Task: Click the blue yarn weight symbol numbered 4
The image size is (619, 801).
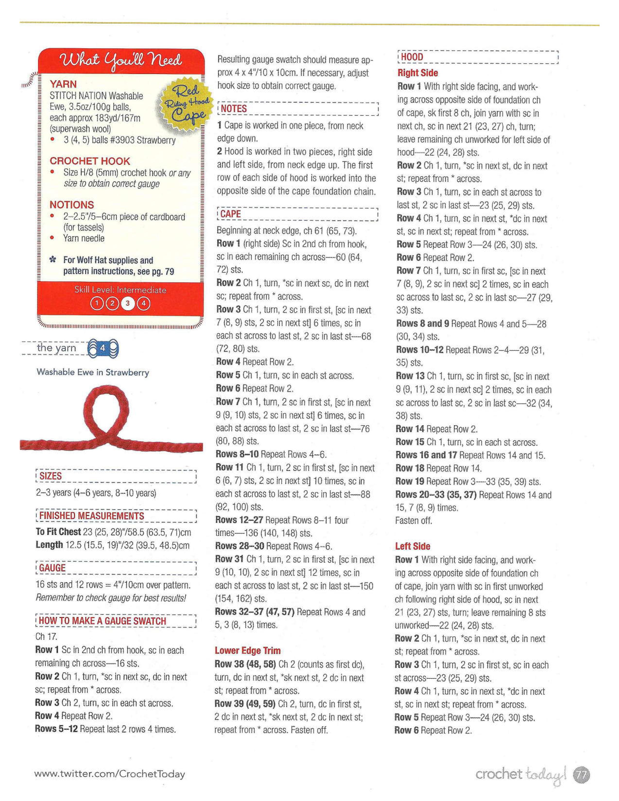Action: point(103,348)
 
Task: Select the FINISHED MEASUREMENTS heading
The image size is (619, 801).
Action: point(92,516)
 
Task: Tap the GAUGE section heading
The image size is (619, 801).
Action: point(52,568)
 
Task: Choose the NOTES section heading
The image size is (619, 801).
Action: point(234,108)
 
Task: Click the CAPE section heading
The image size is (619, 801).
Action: point(230,214)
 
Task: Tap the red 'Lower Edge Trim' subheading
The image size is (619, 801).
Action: point(248,651)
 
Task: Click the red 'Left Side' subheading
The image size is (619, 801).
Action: point(412,546)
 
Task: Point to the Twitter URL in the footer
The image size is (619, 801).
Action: point(109,774)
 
